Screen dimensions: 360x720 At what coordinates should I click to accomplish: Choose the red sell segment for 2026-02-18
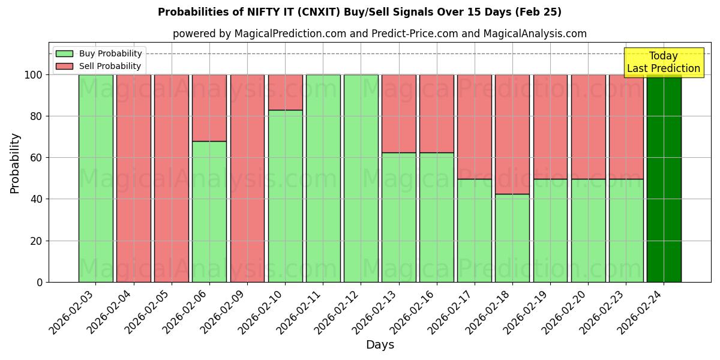pyautogui.click(x=512, y=126)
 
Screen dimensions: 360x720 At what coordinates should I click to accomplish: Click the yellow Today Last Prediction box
pyautogui.click(x=664, y=62)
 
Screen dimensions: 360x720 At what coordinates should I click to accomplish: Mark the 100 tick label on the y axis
pyautogui.click(x=33, y=75)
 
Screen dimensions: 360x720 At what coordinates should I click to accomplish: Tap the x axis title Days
pyautogui.click(x=380, y=345)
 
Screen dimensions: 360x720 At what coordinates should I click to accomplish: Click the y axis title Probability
pyautogui.click(x=15, y=163)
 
